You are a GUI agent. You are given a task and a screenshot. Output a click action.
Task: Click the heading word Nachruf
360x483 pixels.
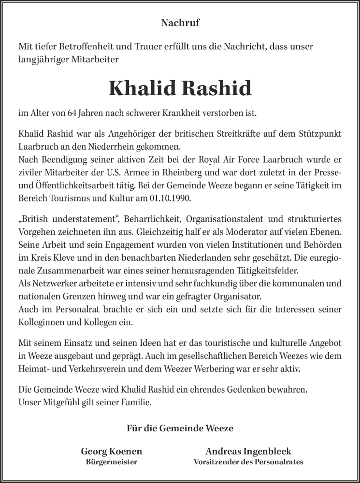point(180,22)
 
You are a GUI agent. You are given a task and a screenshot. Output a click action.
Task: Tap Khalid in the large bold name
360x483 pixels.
point(142,88)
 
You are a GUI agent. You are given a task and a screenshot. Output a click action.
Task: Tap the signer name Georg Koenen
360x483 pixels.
point(112,452)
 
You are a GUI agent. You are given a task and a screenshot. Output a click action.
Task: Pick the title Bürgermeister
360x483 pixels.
point(112,462)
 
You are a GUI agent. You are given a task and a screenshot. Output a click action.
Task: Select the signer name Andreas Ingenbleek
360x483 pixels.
point(248,452)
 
